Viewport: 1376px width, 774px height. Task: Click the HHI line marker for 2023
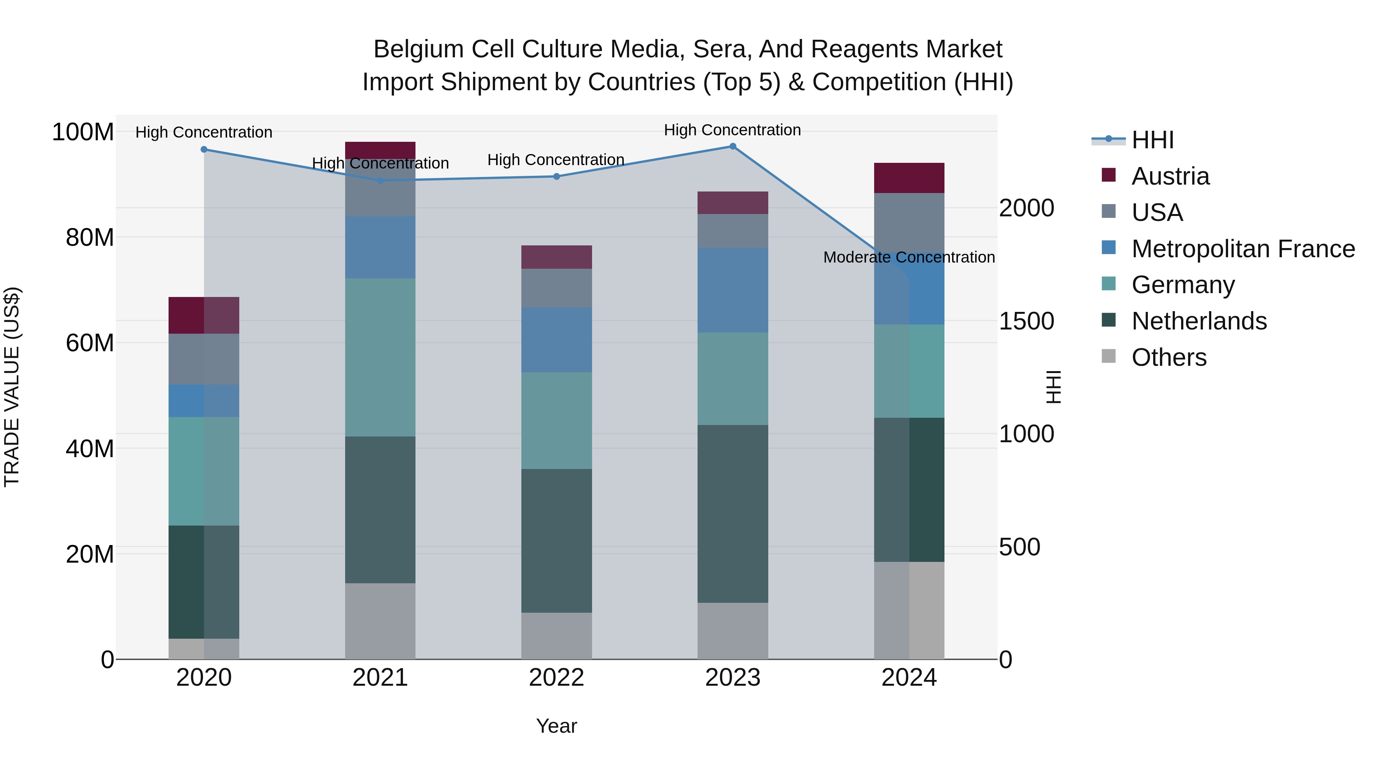coord(732,146)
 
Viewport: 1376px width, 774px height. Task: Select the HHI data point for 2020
coord(204,149)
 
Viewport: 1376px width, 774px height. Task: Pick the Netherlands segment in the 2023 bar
coord(732,513)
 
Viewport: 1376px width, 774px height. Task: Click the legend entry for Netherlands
coord(1199,321)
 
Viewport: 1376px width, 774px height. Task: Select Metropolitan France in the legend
coord(1243,249)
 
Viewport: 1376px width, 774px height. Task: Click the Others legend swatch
coord(1108,356)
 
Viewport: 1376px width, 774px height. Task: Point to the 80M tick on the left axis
coord(90,237)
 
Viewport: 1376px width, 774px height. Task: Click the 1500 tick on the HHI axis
coord(1026,321)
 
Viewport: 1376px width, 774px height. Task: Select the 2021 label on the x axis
coord(380,678)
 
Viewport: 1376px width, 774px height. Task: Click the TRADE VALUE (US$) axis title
coord(12,387)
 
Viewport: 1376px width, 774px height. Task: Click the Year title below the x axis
coord(556,726)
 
